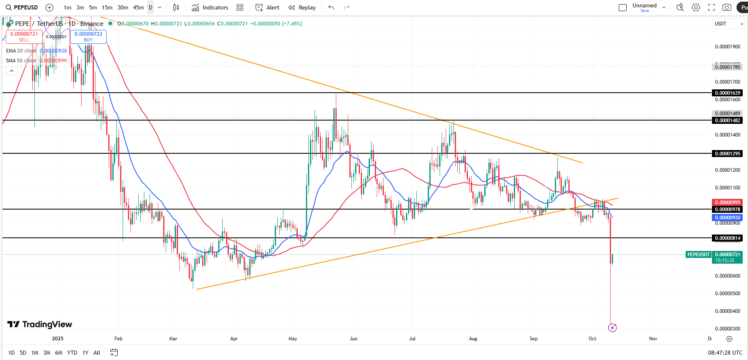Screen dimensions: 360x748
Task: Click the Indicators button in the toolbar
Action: click(x=210, y=7)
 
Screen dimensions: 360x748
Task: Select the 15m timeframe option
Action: click(x=107, y=7)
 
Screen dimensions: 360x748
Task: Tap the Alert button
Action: click(x=267, y=7)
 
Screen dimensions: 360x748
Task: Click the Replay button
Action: click(x=302, y=7)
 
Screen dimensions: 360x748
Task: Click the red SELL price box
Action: click(x=24, y=36)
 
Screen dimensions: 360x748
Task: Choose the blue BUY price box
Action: click(x=88, y=36)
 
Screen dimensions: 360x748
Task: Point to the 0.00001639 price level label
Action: click(x=727, y=93)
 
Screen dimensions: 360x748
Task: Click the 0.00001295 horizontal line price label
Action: click(x=727, y=154)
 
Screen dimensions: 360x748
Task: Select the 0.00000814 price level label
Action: click(x=727, y=238)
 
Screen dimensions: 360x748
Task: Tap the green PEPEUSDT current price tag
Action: click(x=698, y=255)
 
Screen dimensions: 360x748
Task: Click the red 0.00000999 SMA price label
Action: click(x=727, y=203)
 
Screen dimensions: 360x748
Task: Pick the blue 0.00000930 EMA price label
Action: click(x=727, y=218)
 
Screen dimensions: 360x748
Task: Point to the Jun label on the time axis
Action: click(x=353, y=339)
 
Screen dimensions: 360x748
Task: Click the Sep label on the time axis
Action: click(x=534, y=339)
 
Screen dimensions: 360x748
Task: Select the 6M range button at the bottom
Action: click(x=59, y=353)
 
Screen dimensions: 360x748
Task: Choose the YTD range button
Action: click(x=72, y=353)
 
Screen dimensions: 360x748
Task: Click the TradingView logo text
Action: click(x=40, y=324)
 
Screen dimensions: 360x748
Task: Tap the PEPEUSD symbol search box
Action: click(x=22, y=7)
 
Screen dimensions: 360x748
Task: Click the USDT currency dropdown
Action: click(x=729, y=24)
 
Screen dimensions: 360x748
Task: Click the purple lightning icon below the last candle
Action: click(x=612, y=328)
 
